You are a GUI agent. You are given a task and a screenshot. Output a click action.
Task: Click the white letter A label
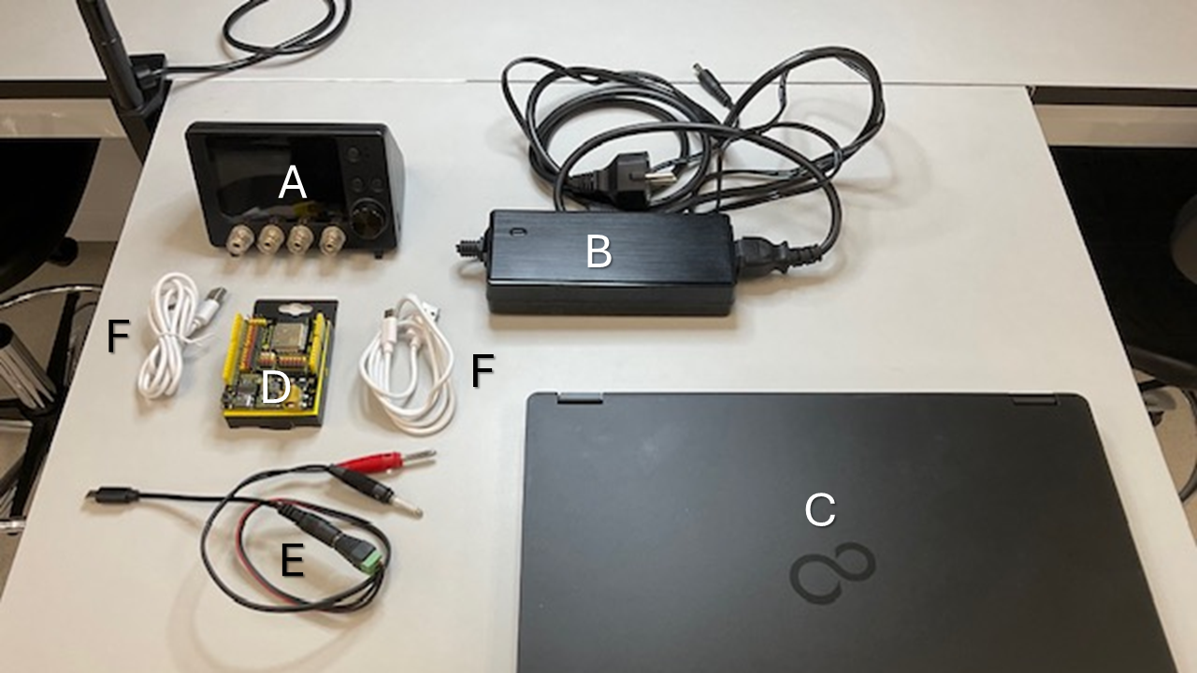pyautogui.click(x=293, y=182)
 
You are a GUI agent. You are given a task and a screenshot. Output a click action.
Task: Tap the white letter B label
pyautogui.click(x=598, y=251)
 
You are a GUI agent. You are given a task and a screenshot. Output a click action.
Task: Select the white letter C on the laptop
pyautogui.click(x=820, y=509)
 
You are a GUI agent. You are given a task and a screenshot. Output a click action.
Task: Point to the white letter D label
pyautogui.click(x=275, y=387)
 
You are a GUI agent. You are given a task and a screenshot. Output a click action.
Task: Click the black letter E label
pyautogui.click(x=293, y=560)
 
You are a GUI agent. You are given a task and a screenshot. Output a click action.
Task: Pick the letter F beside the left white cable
pyautogui.click(x=118, y=336)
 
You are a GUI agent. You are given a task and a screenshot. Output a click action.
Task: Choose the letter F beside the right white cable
pyautogui.click(x=482, y=370)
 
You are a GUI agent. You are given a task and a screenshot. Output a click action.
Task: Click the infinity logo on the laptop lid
pyautogui.click(x=832, y=573)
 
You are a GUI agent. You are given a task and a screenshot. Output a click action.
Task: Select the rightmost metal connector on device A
pyautogui.click(x=332, y=239)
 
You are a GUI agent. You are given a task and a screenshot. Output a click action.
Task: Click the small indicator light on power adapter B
pyautogui.click(x=517, y=233)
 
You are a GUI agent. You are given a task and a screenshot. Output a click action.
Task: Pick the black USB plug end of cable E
pyautogui.click(x=113, y=495)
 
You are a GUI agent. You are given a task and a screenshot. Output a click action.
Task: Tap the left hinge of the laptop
pyautogui.click(x=581, y=398)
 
